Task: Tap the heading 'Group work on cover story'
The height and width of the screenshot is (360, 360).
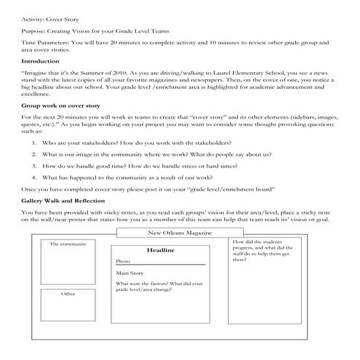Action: point(57,105)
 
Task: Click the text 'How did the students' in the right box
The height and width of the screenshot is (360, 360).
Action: point(255,241)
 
